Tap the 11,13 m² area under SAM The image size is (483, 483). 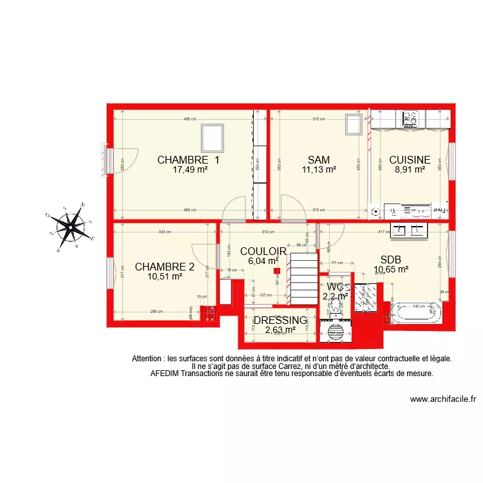click(319, 170)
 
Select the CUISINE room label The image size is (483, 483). click(410, 160)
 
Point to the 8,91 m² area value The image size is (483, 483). click(410, 170)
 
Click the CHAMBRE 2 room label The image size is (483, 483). click(164, 267)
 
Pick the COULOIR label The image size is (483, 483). click(263, 251)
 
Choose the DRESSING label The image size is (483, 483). click(280, 320)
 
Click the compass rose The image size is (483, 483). click(70, 227)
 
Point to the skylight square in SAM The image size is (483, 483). click(354, 124)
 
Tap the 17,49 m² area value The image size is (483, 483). click(189, 170)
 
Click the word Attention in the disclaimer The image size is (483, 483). click(147, 359)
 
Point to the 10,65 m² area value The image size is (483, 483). click(391, 270)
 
